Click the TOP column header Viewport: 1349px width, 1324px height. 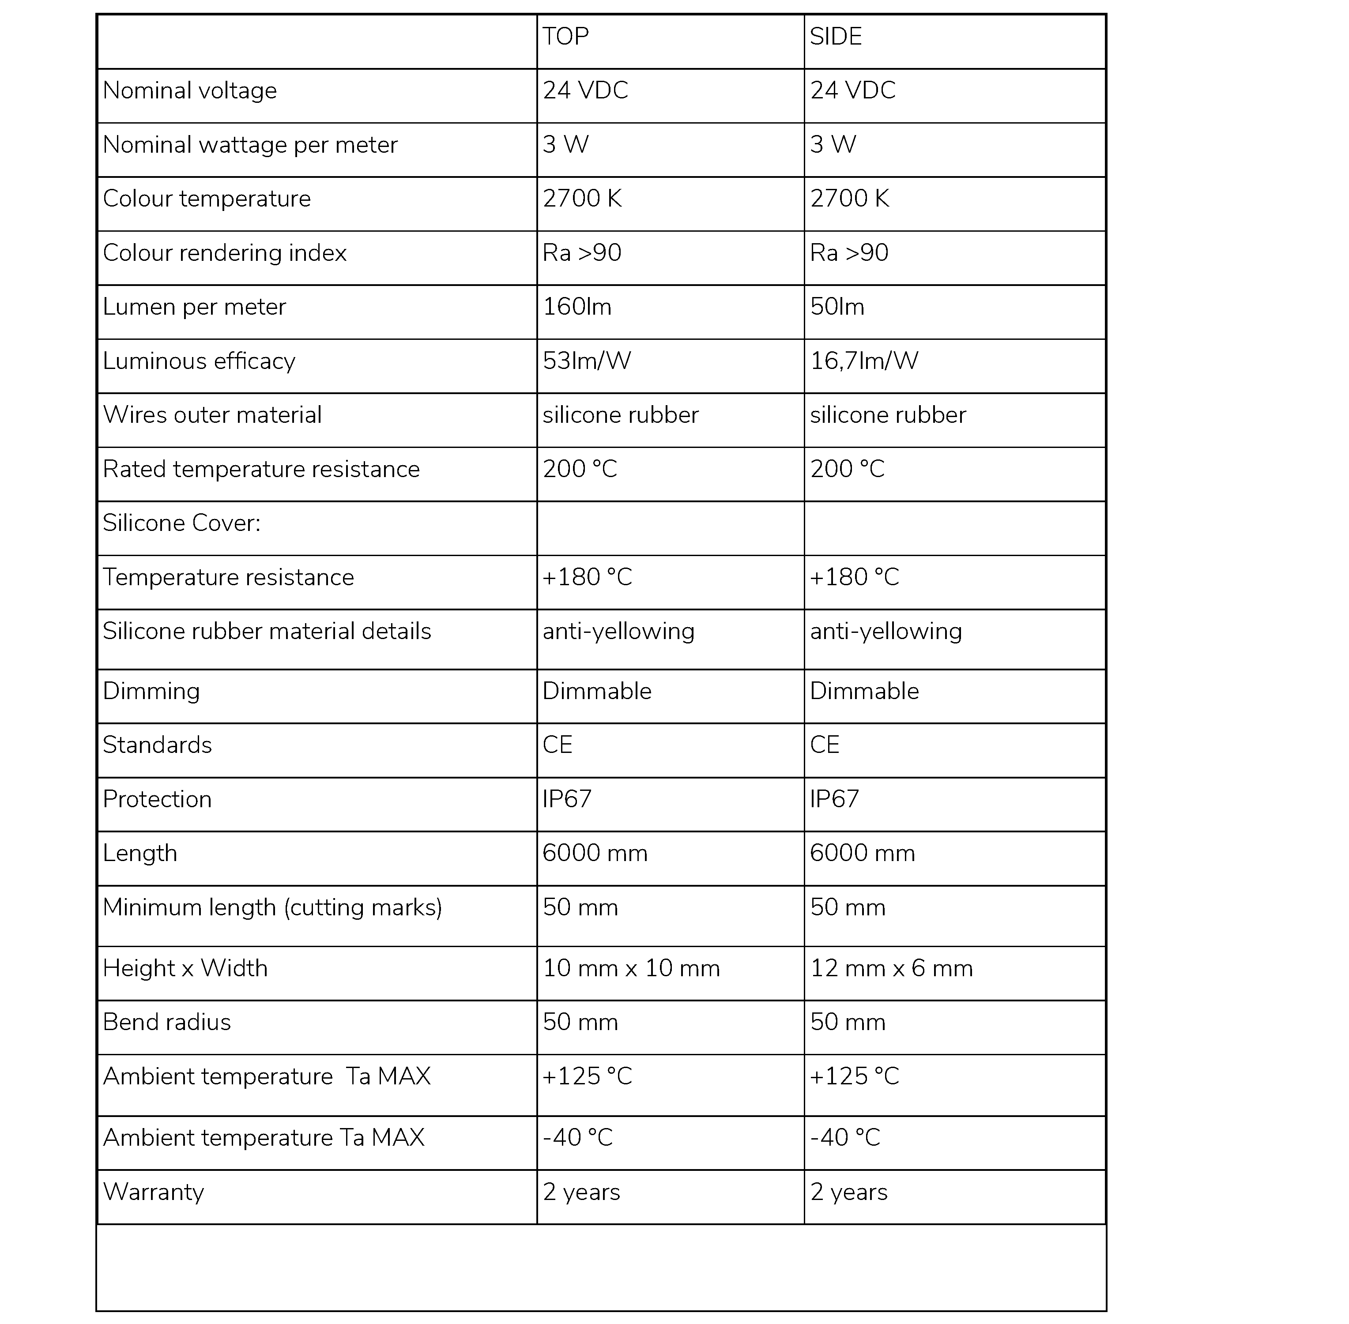(565, 36)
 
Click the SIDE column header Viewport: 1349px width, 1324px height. (836, 36)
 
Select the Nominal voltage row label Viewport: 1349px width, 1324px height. (190, 90)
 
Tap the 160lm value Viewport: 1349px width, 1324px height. (577, 307)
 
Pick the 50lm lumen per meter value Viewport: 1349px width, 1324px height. (837, 307)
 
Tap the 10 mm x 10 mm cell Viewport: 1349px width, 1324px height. (631, 968)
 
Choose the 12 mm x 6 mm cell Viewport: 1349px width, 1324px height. (891, 968)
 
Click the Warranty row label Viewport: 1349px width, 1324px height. (154, 1192)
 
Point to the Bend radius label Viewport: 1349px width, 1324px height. (167, 1022)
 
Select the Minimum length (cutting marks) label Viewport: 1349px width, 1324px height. (273, 907)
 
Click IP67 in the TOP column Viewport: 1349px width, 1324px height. (567, 799)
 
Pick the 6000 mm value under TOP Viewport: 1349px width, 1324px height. (595, 853)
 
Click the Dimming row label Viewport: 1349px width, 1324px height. (151, 691)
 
